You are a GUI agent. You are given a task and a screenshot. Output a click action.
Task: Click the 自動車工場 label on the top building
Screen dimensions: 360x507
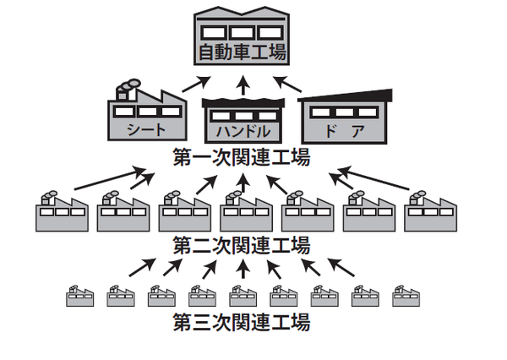tap(242, 53)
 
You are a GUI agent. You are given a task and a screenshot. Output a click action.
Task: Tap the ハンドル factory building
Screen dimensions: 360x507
tap(243, 120)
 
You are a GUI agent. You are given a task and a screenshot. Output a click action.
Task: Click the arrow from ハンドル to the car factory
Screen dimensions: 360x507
tap(243, 85)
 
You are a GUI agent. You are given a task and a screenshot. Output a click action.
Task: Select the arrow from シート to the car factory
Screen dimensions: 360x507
tap(196, 85)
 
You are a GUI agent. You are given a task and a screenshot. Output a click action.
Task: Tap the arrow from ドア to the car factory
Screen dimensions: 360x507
tap(288, 85)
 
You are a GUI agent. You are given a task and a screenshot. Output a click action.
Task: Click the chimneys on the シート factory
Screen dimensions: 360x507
tap(128, 85)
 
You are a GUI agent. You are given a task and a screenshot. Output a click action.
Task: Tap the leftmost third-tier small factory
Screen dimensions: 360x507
tap(79, 295)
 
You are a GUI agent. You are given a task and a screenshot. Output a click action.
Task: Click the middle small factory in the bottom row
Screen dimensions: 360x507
tap(243, 295)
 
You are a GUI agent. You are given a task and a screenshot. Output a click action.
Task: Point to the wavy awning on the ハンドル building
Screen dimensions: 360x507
tap(243, 103)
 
